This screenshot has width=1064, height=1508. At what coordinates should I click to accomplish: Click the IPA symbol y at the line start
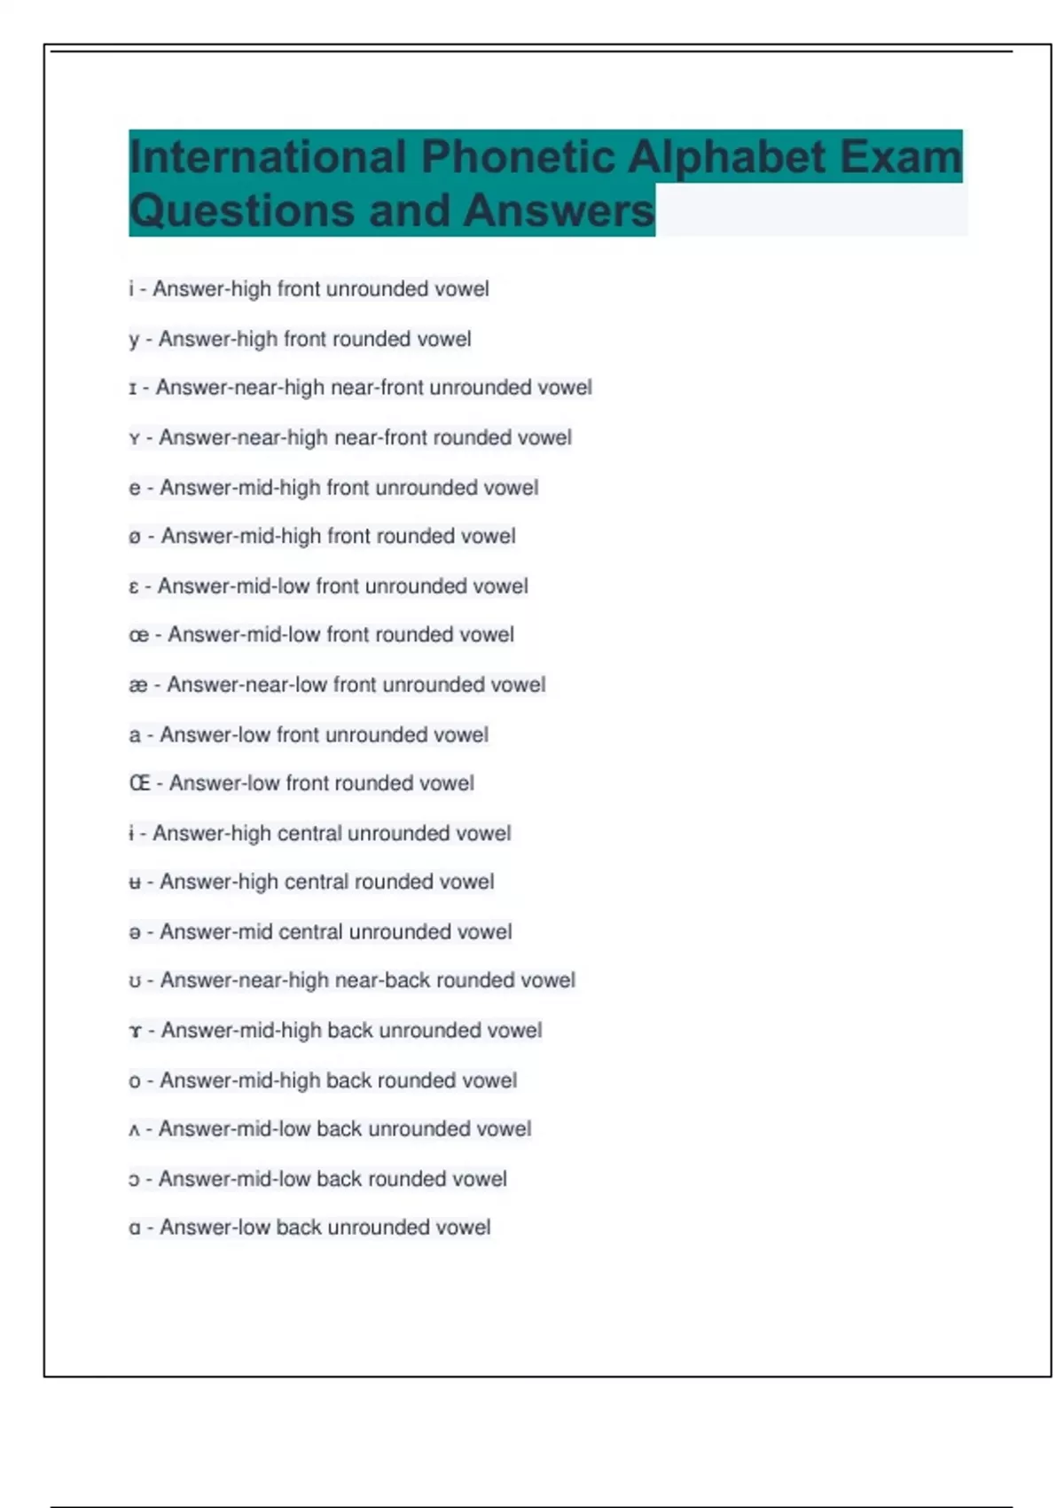pyautogui.click(x=134, y=340)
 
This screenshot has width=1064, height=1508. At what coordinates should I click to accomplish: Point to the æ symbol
pyautogui.click(x=138, y=685)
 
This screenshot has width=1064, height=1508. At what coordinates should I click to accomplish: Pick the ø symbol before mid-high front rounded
pyautogui.click(x=135, y=537)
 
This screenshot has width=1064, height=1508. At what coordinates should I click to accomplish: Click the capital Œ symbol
pyautogui.click(x=139, y=783)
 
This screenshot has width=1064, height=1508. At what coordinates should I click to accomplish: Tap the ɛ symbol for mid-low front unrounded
pyautogui.click(x=134, y=586)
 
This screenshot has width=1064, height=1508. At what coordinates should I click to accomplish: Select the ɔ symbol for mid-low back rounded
pyautogui.click(x=134, y=1180)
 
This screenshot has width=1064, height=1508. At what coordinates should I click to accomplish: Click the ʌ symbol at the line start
pyautogui.click(x=134, y=1130)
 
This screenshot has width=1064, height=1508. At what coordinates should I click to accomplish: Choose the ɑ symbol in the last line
pyautogui.click(x=135, y=1229)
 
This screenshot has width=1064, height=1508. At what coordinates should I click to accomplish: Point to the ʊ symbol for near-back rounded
pyautogui.click(x=135, y=981)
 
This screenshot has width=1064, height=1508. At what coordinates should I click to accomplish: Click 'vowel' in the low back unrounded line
pyautogui.click(x=463, y=1228)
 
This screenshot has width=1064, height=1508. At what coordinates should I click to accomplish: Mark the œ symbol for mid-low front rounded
pyautogui.click(x=138, y=635)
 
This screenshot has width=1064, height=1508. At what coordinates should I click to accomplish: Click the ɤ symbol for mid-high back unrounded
pyautogui.click(x=135, y=1031)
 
